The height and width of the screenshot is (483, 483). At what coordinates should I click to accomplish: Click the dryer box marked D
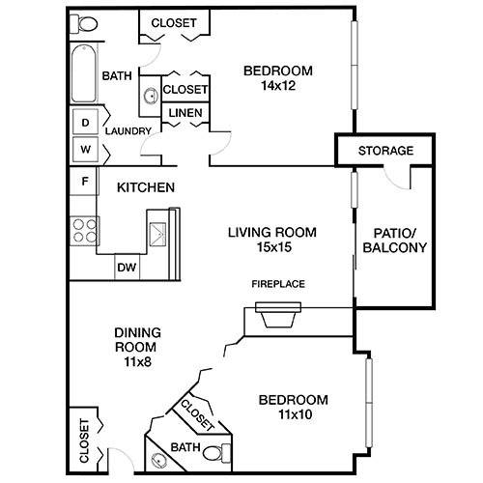coord(85,122)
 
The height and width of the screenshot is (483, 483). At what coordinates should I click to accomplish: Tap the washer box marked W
coord(85,149)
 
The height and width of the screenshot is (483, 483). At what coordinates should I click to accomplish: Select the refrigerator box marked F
coord(84,182)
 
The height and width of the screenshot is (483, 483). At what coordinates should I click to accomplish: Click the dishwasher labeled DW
coord(127,267)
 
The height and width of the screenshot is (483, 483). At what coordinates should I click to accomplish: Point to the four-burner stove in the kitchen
coord(84,231)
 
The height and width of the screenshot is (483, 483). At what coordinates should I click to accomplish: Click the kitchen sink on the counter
coord(157,234)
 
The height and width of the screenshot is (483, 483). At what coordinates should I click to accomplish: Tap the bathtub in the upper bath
coord(84,73)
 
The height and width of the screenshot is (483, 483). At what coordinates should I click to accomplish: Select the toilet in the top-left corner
coord(84,24)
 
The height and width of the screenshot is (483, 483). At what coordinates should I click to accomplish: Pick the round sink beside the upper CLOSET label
coord(150,96)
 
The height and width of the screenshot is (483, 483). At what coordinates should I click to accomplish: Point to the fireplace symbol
coord(278,315)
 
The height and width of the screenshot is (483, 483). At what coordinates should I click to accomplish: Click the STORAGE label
coord(385,151)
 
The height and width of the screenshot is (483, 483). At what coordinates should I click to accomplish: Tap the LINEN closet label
coord(185,113)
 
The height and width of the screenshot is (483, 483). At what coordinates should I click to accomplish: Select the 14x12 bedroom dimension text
coord(278,86)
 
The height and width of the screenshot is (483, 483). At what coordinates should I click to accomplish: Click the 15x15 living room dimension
coord(274,247)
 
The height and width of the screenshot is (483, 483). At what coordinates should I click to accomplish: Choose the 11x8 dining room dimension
coord(138,362)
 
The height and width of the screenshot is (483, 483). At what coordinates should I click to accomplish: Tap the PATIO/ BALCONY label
coord(395,240)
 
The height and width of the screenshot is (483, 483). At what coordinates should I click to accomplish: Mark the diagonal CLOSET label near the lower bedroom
coord(197,415)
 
